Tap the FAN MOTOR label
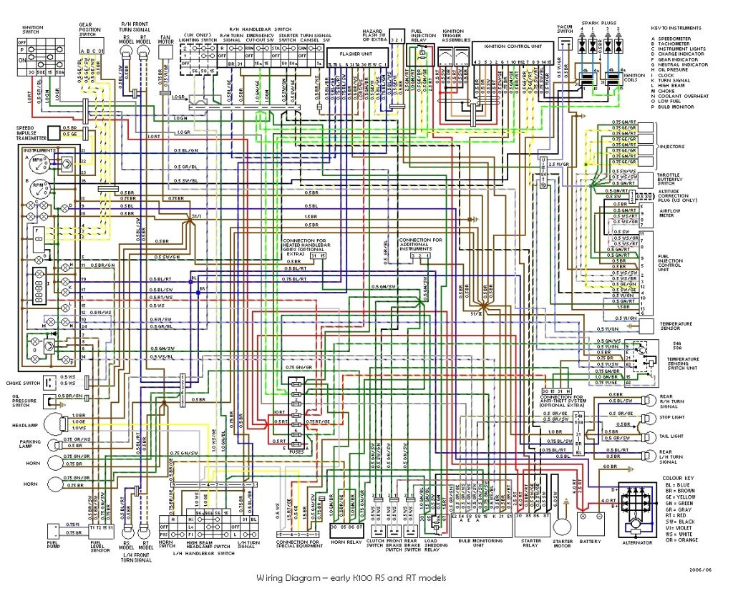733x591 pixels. [165, 38]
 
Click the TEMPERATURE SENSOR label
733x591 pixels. [676, 326]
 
